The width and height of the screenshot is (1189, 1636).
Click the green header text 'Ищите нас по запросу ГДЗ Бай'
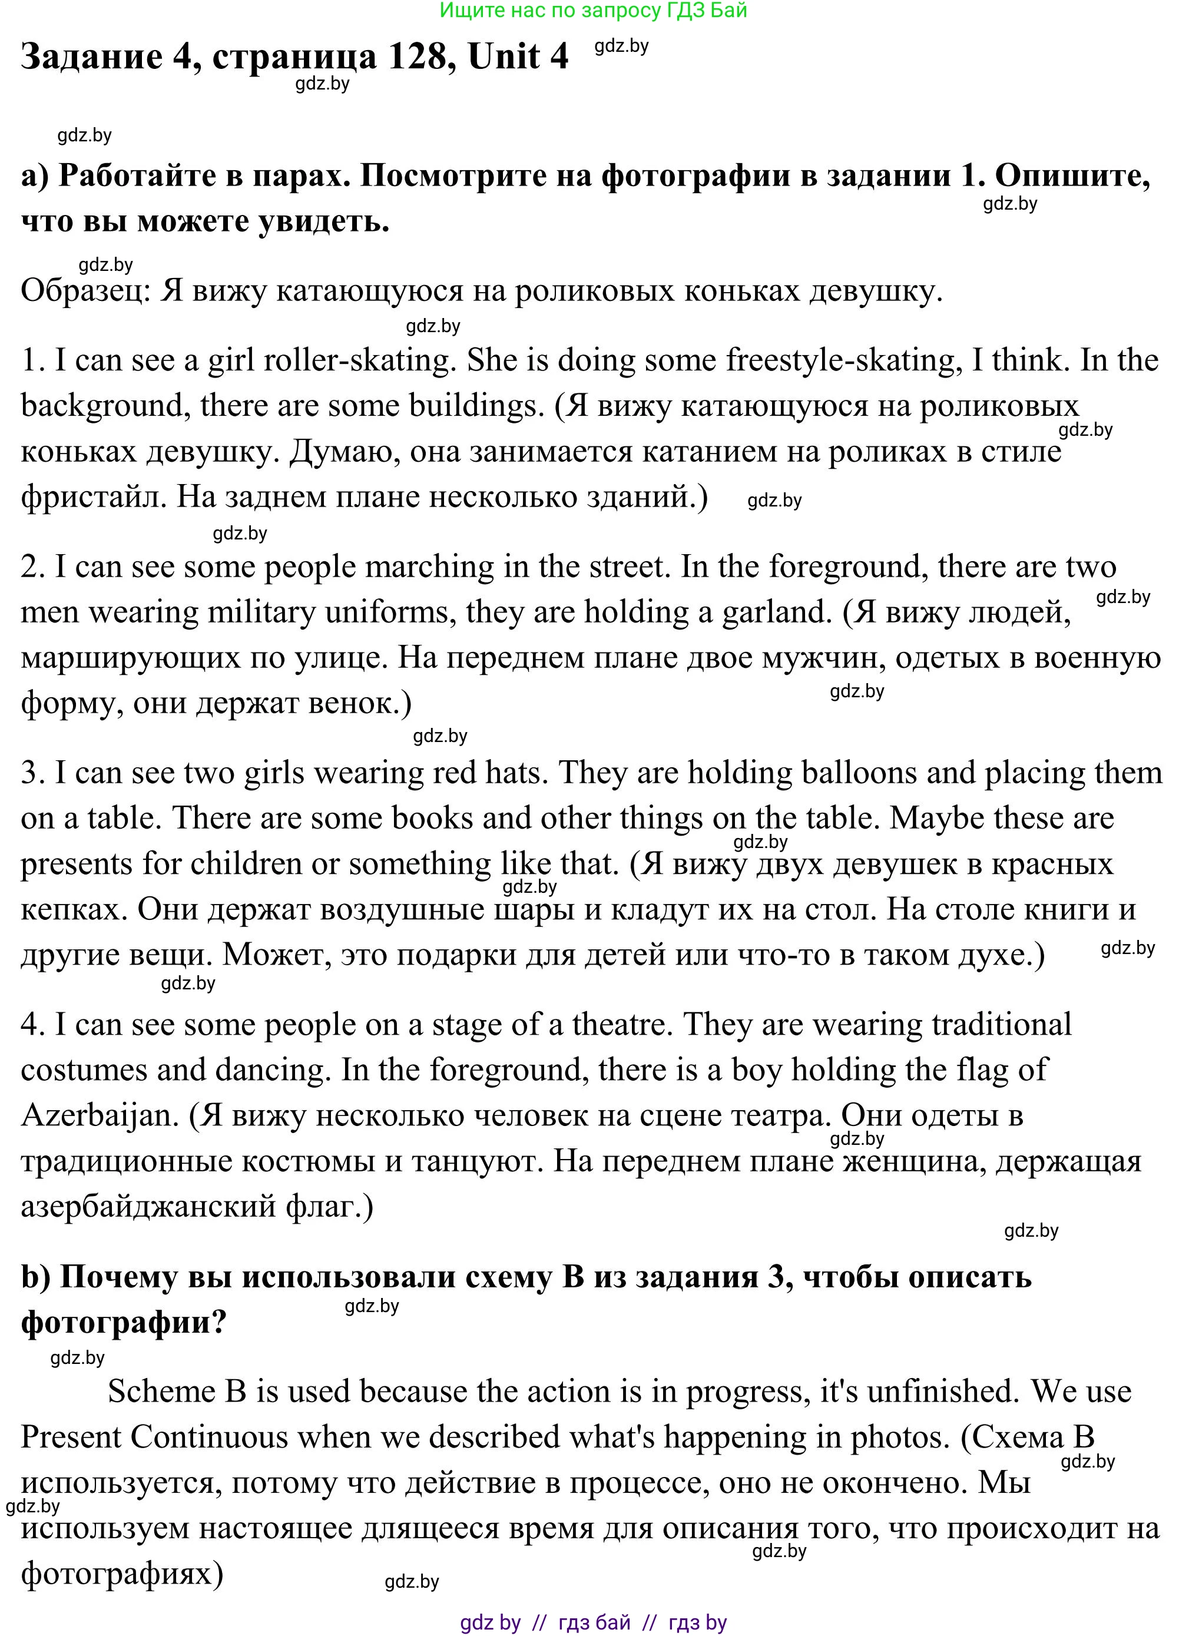593,11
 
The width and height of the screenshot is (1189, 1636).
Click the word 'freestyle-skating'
843,360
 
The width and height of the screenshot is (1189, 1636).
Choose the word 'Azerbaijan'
100,1116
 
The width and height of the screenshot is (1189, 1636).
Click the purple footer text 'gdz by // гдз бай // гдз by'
593,1623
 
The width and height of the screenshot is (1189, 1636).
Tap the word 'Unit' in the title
506,57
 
